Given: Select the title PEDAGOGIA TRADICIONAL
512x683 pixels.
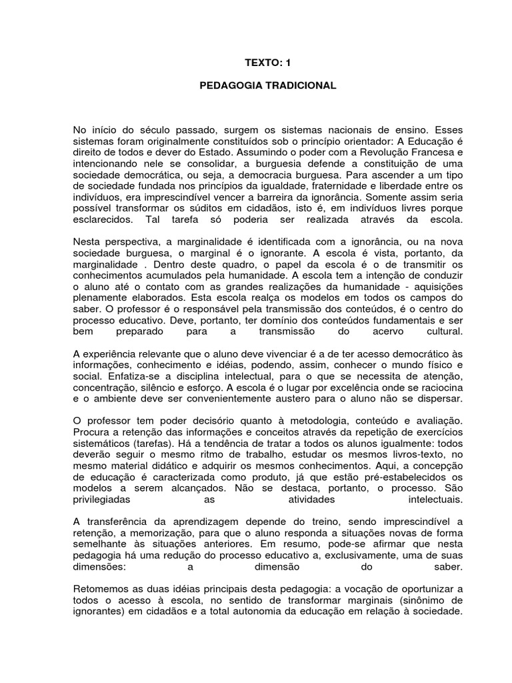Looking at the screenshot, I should coord(269,86).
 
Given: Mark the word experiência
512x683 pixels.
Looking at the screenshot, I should coord(114,352).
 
